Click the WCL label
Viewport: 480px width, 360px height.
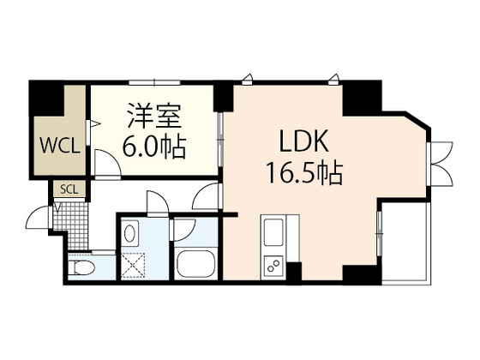[60, 146]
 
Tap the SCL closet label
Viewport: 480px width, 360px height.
[69, 189]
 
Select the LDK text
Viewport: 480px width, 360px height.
[304, 141]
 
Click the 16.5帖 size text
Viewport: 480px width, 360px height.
[304, 173]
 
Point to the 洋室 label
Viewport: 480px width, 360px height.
[154, 116]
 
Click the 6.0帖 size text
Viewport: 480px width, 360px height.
[154, 147]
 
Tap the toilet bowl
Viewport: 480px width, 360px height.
[81, 267]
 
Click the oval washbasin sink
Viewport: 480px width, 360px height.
[129, 234]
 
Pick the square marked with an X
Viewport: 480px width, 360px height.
[133, 266]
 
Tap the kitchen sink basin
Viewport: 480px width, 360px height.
[273, 232]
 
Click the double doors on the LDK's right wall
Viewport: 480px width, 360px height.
[441, 164]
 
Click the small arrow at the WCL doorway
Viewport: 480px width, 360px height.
[95, 123]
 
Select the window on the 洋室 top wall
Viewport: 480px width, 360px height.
[154, 82]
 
